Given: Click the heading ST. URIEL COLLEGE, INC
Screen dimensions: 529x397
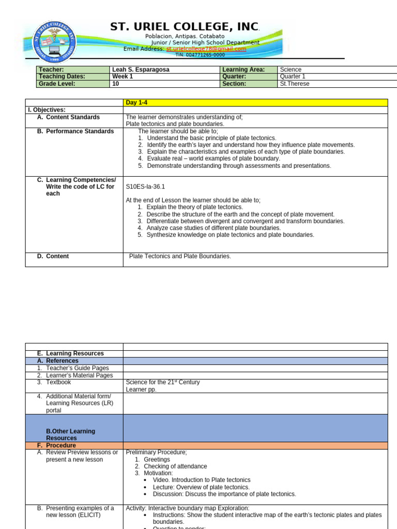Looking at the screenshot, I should click(185, 27).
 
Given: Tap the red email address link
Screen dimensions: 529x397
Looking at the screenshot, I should click(206, 49).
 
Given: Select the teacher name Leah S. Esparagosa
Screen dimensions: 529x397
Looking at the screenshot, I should click(141, 70).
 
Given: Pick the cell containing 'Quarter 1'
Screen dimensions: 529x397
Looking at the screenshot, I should click(293, 76).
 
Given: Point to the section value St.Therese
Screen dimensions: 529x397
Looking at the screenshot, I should click(295, 84).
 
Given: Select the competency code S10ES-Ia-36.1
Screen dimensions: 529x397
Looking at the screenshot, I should click(145, 186).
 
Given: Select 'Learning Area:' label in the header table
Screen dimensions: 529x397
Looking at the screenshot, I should click(243, 70).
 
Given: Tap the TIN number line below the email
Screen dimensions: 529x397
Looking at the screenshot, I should click(200, 55).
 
